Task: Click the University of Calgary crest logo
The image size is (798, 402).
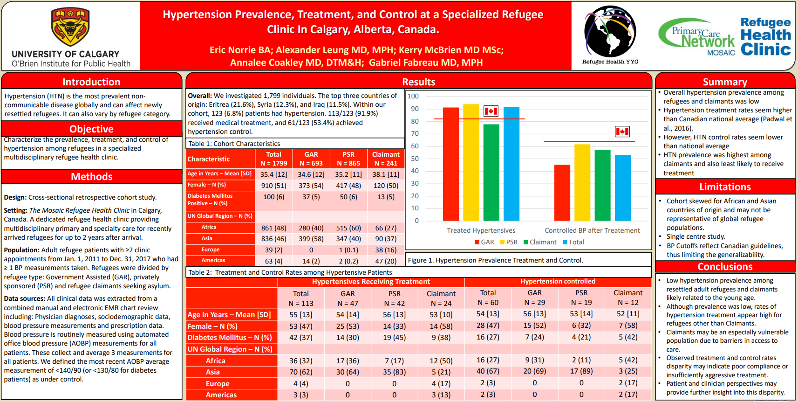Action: click(70, 27)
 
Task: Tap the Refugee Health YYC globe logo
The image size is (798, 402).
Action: click(610, 31)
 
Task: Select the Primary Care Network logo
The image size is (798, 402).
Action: click(697, 37)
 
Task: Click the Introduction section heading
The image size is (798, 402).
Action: click(91, 82)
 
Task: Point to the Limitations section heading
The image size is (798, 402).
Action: click(725, 187)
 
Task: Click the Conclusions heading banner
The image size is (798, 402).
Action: click(725, 267)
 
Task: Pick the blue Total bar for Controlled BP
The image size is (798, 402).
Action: click(623, 187)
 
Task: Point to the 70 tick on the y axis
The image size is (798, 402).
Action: click(414, 134)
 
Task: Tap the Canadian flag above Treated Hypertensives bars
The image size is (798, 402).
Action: click(491, 111)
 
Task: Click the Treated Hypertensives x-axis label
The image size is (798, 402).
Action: click(481, 230)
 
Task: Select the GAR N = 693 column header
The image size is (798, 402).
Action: click(311, 159)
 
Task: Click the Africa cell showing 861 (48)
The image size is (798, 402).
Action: click(273, 228)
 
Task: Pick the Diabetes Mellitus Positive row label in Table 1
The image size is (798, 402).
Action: click(210, 200)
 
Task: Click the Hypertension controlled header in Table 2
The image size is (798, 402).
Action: click(558, 281)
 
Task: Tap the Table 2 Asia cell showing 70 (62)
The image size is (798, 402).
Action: click(300, 372)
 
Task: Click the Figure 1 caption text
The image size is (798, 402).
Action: click(495, 260)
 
